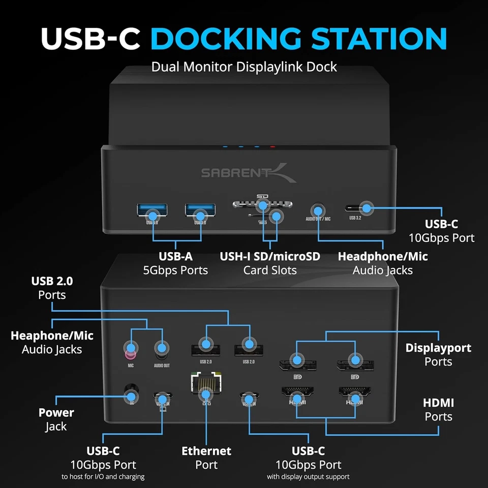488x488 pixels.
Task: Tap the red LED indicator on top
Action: (273, 147)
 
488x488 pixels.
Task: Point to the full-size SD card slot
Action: (262, 204)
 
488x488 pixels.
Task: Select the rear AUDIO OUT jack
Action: (162, 349)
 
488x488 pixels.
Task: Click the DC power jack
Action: (131, 396)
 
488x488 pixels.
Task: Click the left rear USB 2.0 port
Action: (205, 350)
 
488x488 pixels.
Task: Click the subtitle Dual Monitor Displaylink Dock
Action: (244, 67)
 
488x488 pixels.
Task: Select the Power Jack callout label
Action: (56, 419)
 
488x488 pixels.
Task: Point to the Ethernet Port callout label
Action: (206, 457)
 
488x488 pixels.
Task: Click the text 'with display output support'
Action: (308, 477)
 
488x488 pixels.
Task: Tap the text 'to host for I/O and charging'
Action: (103, 477)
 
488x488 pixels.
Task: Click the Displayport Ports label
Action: (438, 355)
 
